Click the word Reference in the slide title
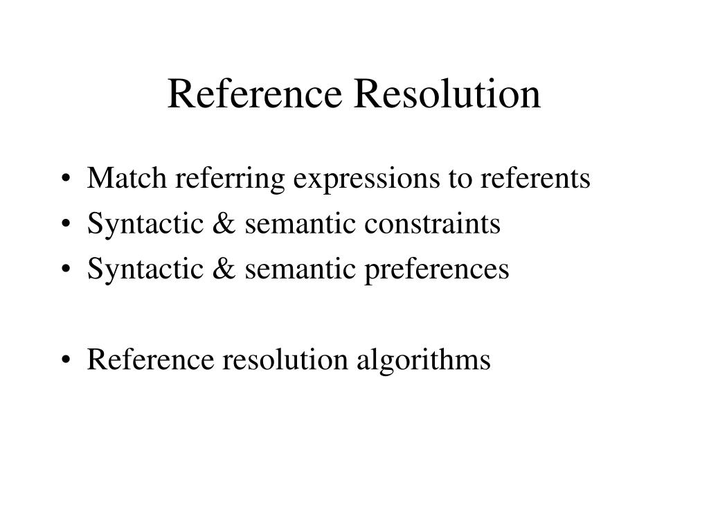pyautogui.click(x=254, y=94)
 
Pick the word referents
pyautogui.click(x=535, y=179)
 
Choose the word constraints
pyautogui.click(x=444, y=224)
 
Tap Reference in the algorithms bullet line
pyautogui.click(x=152, y=360)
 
